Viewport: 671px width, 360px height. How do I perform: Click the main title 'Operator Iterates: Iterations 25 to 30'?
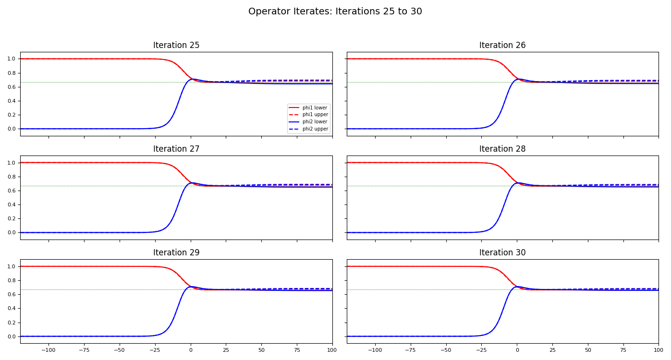click(335, 12)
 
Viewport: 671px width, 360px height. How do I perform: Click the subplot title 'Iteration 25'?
click(176, 46)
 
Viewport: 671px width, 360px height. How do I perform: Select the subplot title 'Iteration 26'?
click(502, 46)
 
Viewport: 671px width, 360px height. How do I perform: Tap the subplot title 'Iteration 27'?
click(176, 149)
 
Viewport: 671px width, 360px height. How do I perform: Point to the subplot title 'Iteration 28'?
click(502, 149)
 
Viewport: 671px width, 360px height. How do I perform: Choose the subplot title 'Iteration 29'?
click(176, 253)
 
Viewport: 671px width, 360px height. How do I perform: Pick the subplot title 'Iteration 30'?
click(502, 253)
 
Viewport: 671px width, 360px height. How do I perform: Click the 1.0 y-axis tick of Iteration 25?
click(12, 59)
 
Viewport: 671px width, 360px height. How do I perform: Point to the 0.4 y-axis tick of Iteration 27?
click(12, 205)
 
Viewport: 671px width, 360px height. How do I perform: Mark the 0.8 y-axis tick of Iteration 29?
click(12, 281)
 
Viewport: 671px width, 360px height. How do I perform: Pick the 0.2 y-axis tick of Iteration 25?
click(12, 115)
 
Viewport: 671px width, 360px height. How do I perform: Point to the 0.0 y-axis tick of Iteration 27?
click(12, 233)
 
